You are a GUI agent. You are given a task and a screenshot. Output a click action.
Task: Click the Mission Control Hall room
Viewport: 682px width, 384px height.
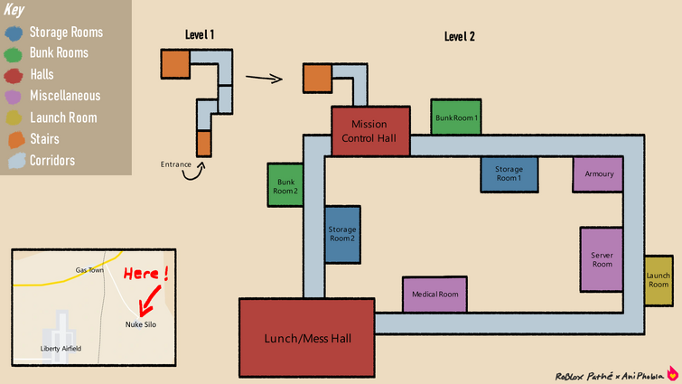370,131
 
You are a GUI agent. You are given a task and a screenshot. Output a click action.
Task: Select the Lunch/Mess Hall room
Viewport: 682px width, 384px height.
306,338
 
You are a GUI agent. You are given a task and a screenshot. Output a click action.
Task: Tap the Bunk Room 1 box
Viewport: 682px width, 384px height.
455,117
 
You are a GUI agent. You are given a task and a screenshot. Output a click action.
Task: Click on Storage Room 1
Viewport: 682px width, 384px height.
509,173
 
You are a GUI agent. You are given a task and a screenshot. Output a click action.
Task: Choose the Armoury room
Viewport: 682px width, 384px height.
599,173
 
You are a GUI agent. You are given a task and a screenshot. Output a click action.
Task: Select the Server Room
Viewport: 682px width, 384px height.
602,258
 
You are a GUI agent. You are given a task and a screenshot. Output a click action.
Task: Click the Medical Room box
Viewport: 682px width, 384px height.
434,295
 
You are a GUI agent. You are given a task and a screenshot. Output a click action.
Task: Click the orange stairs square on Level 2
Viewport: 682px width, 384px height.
316,79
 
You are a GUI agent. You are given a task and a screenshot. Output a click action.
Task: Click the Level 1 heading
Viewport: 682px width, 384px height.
198,35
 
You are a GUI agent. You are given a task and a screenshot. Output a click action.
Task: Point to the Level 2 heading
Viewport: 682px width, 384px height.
459,37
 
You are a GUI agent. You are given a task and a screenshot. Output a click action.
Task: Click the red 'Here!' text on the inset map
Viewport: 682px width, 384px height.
147,274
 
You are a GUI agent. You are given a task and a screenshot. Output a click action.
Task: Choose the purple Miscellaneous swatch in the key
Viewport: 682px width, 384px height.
15,96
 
